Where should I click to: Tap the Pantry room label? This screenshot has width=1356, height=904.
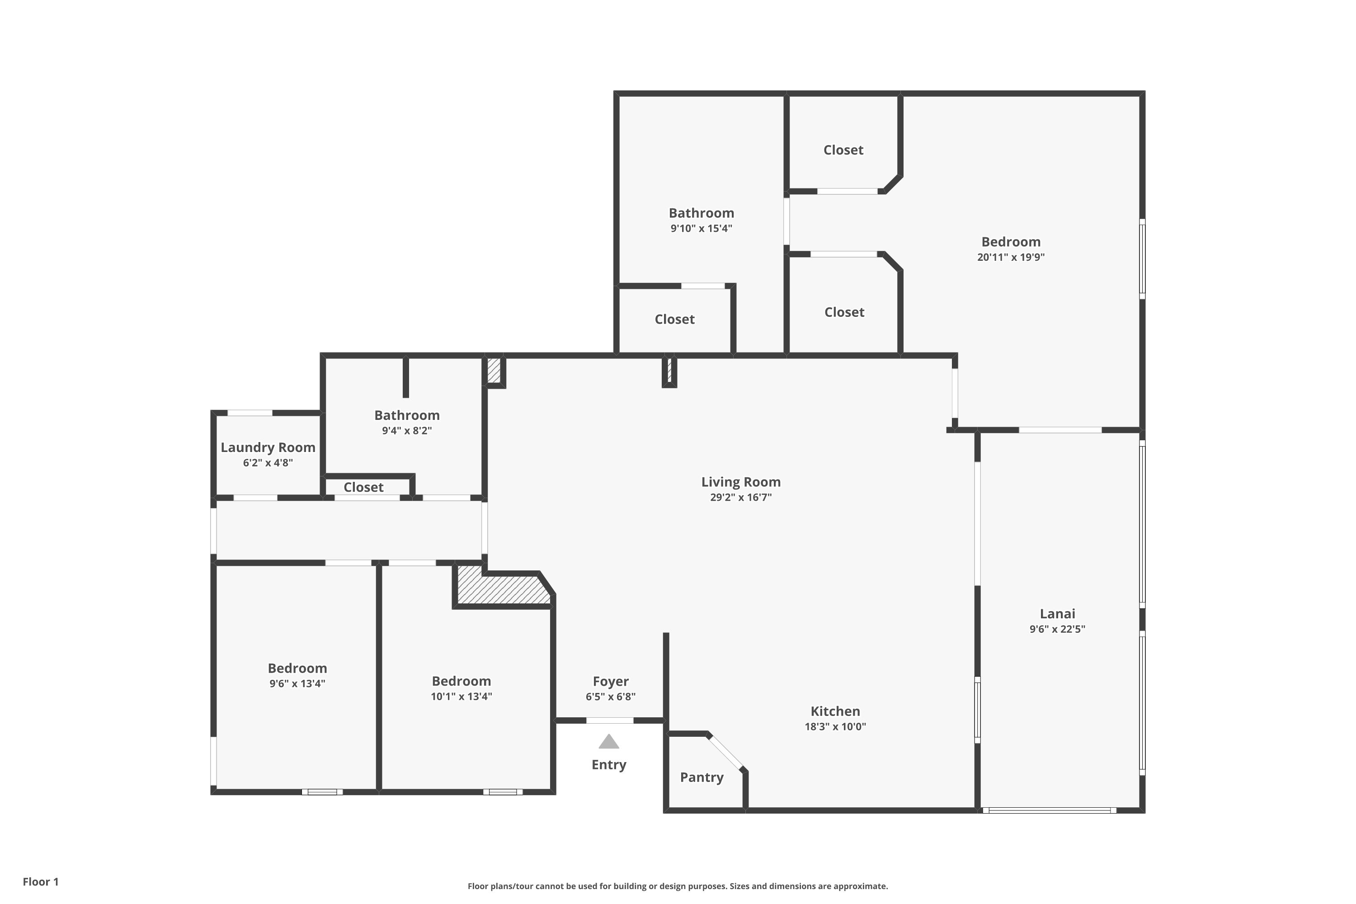702,777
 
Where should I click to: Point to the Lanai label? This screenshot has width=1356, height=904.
1057,613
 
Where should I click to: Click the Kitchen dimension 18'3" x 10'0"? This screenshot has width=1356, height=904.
835,726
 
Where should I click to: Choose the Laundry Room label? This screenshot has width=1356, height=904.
268,447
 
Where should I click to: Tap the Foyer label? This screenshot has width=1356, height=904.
611,682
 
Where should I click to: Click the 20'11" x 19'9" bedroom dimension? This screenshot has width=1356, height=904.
1011,257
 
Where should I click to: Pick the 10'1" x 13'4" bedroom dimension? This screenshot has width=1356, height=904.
461,697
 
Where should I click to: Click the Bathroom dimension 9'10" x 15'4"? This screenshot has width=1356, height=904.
701,228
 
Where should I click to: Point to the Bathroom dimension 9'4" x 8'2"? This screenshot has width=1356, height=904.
407,431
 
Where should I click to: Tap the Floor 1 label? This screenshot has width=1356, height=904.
41,881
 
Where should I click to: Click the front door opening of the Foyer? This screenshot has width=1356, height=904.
610,720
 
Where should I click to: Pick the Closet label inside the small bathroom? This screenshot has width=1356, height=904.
363,487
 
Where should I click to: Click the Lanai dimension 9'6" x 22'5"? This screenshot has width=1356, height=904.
1057,629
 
